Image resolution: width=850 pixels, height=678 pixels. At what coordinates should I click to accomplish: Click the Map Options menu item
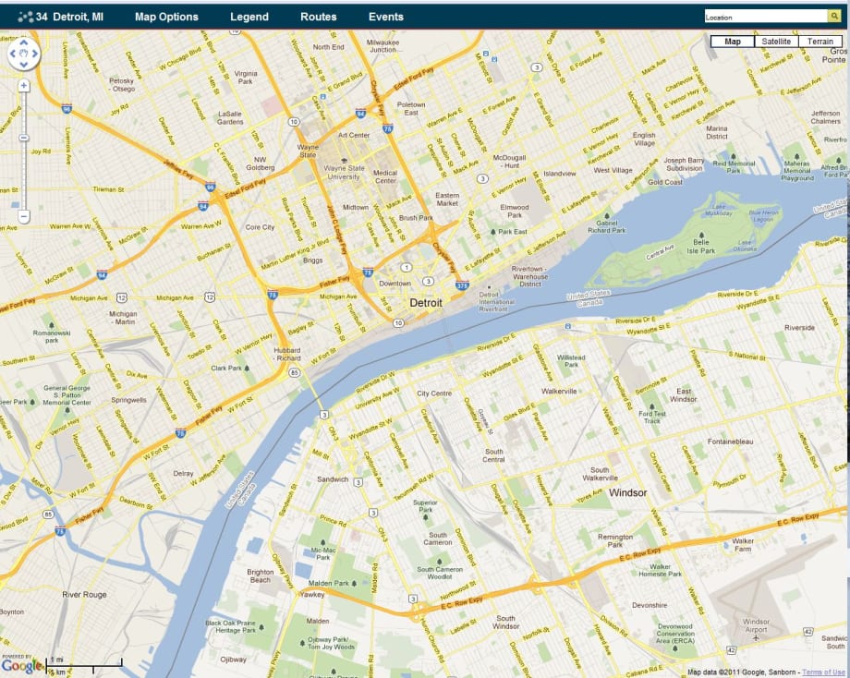(x=166, y=17)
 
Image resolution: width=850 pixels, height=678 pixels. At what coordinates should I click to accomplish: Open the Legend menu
(x=249, y=17)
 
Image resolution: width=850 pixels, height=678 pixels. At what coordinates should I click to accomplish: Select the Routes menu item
(x=319, y=17)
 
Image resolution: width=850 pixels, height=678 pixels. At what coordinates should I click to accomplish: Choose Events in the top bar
(x=385, y=17)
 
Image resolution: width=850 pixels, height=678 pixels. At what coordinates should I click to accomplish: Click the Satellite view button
(x=776, y=42)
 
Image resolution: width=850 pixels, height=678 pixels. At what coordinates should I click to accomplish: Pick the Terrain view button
(x=820, y=42)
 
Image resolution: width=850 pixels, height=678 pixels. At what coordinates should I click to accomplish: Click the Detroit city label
(x=426, y=303)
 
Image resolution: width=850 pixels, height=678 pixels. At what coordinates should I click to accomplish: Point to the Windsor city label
(x=627, y=493)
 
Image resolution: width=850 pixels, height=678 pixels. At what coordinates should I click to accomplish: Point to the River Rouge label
(x=84, y=595)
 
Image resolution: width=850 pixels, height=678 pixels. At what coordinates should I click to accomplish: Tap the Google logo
(x=22, y=665)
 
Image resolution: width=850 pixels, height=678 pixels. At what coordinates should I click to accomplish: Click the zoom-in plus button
(x=24, y=85)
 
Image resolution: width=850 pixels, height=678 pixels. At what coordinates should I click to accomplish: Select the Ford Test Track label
(x=651, y=417)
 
